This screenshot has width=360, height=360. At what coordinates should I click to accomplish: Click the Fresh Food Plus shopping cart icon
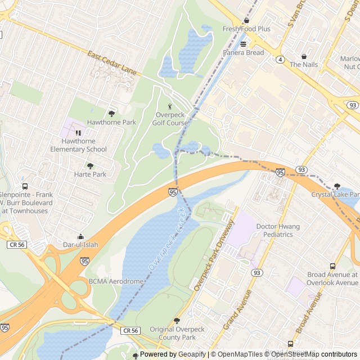(x=246, y=20)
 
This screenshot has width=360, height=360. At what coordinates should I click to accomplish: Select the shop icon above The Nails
(x=304, y=56)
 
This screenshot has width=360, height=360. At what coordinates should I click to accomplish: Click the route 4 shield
(x=280, y=59)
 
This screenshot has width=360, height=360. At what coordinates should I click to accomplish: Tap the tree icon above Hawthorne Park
(x=111, y=114)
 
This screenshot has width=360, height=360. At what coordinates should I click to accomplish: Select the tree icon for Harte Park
(x=90, y=166)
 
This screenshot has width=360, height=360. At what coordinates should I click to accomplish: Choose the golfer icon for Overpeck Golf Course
(x=170, y=106)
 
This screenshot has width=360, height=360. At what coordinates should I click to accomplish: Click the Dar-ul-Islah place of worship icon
(x=80, y=237)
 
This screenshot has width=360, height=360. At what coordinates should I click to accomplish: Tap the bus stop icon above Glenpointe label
(x=25, y=186)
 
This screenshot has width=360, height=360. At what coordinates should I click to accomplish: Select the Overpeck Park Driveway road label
(x=213, y=256)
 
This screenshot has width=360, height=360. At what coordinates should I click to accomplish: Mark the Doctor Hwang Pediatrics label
(x=278, y=231)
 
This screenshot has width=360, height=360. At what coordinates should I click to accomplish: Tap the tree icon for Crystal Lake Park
(x=337, y=186)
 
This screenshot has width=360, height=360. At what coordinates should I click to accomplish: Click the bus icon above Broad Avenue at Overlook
(x=332, y=266)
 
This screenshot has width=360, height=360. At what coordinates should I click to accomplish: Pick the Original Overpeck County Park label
(x=173, y=333)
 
